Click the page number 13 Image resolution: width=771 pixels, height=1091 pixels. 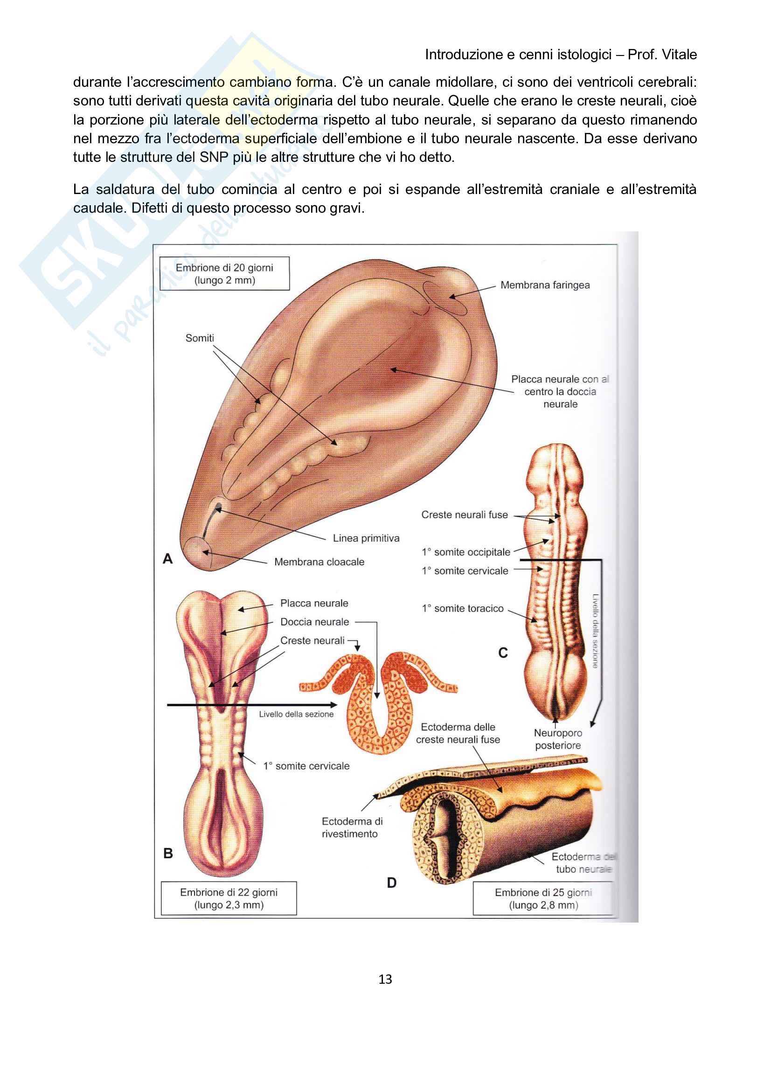[x=385, y=979]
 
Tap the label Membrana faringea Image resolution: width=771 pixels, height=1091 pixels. [x=545, y=285]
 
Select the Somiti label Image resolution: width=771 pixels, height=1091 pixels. [x=200, y=338]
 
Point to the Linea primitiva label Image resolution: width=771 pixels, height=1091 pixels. [x=366, y=538]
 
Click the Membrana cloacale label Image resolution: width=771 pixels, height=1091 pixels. [x=319, y=562]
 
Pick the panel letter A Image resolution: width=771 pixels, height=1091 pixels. [x=167, y=559]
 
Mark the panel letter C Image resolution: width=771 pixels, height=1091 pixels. [x=503, y=653]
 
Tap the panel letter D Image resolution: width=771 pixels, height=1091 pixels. [x=391, y=883]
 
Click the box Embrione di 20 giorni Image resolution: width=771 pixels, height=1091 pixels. [x=224, y=274]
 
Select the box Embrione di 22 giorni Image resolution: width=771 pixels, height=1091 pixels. [x=229, y=898]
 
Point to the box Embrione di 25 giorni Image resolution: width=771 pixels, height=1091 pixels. [x=543, y=898]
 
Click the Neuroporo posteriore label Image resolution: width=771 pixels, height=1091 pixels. [x=558, y=739]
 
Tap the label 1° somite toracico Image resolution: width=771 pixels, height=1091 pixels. [x=462, y=608]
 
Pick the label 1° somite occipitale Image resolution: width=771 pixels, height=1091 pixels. [x=465, y=552]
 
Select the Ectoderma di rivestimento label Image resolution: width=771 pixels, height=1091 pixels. [x=352, y=827]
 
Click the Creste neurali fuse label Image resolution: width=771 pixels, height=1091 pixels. [x=464, y=514]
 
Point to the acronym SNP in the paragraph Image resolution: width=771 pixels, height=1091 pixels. [x=214, y=157]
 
